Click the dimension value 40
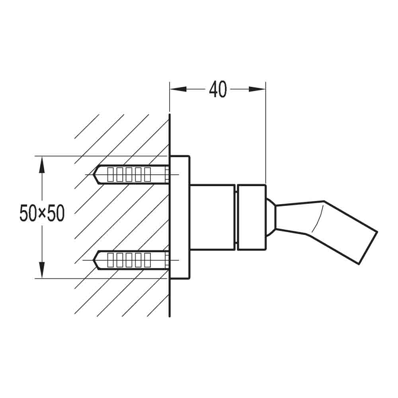click(x=218, y=90)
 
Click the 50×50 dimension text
click(x=42, y=214)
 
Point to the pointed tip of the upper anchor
click(x=95, y=174)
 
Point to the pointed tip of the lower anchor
click(x=95, y=260)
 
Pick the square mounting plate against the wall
click(x=179, y=217)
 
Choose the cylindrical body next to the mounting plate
click(x=212, y=217)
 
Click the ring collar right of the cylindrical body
click(x=252, y=217)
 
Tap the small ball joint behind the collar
click(x=271, y=217)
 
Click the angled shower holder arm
click(x=326, y=227)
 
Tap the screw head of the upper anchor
click(x=167, y=174)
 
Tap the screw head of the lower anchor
click(x=167, y=260)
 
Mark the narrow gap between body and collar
click(x=236, y=217)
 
